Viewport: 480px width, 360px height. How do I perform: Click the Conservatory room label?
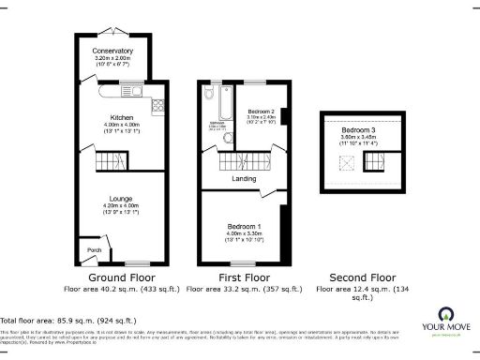[x=112, y=51]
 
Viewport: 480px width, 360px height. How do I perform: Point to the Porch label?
[x=93, y=249]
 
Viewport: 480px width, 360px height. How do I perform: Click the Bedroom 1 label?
[x=244, y=226]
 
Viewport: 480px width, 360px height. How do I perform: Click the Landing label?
[x=246, y=178]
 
